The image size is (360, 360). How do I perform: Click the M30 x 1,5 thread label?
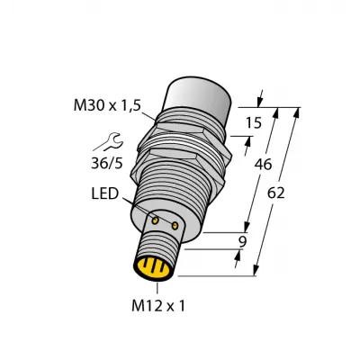107,105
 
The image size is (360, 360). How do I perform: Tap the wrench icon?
112,142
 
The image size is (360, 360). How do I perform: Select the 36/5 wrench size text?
107,163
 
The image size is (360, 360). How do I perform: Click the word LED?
105,193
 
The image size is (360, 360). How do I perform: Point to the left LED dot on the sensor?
155,220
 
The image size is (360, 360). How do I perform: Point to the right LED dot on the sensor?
175,226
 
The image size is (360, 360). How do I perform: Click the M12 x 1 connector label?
158,306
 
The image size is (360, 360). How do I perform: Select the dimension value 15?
254,123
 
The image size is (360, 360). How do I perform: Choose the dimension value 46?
263,164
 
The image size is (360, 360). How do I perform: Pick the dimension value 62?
275,193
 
